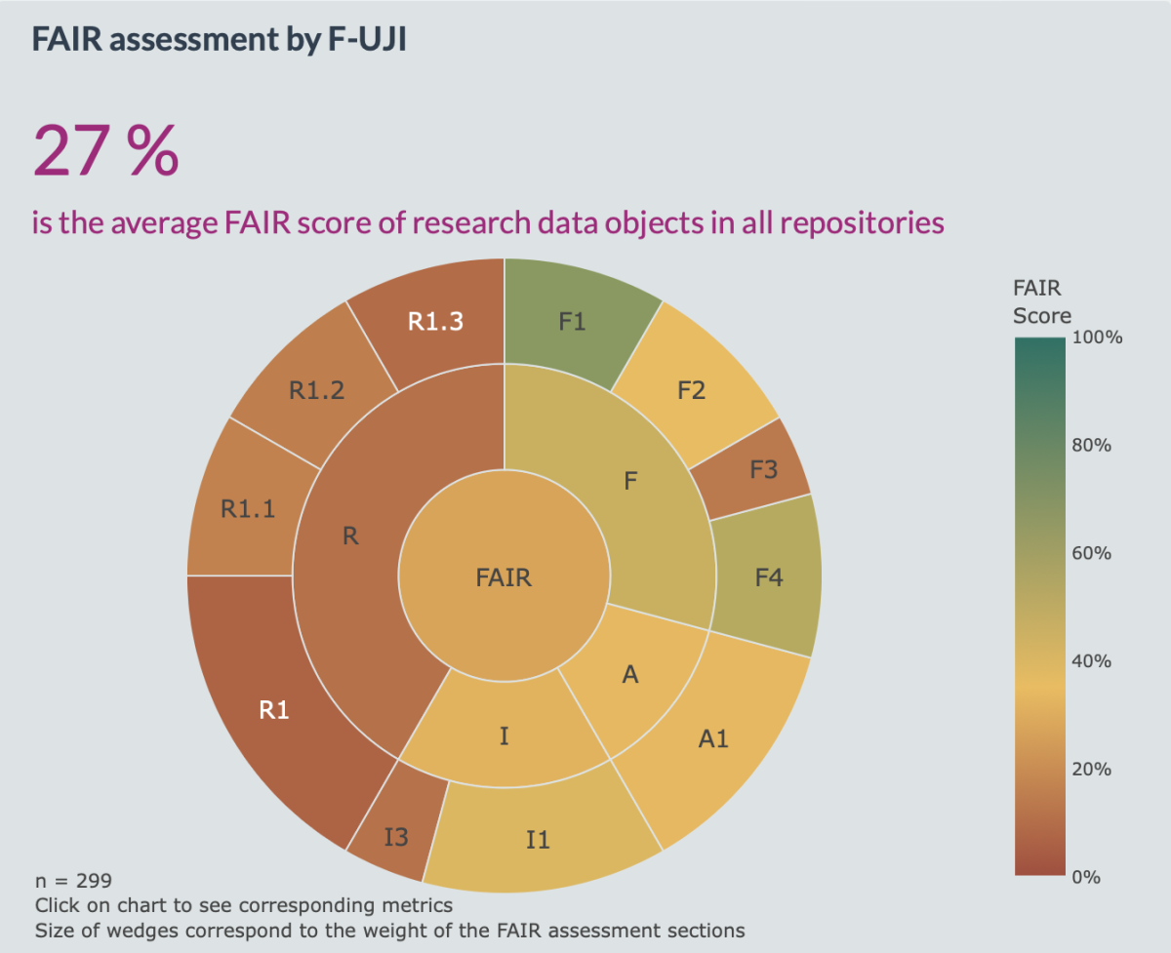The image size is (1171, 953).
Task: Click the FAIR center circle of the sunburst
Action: (504, 576)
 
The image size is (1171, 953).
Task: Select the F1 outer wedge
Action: (573, 321)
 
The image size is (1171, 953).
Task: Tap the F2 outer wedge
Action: (691, 390)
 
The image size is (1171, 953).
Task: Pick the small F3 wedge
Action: (763, 469)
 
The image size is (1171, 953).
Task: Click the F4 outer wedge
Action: (769, 577)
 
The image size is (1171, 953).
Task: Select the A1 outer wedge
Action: (713, 738)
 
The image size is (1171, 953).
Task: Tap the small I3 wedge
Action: (395, 836)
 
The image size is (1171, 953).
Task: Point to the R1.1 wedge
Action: (248, 508)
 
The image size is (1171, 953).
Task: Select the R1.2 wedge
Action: (317, 390)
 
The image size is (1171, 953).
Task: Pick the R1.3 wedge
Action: (436, 322)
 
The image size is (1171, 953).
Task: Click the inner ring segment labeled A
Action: (630, 674)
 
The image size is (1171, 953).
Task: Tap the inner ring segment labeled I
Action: (504, 735)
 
